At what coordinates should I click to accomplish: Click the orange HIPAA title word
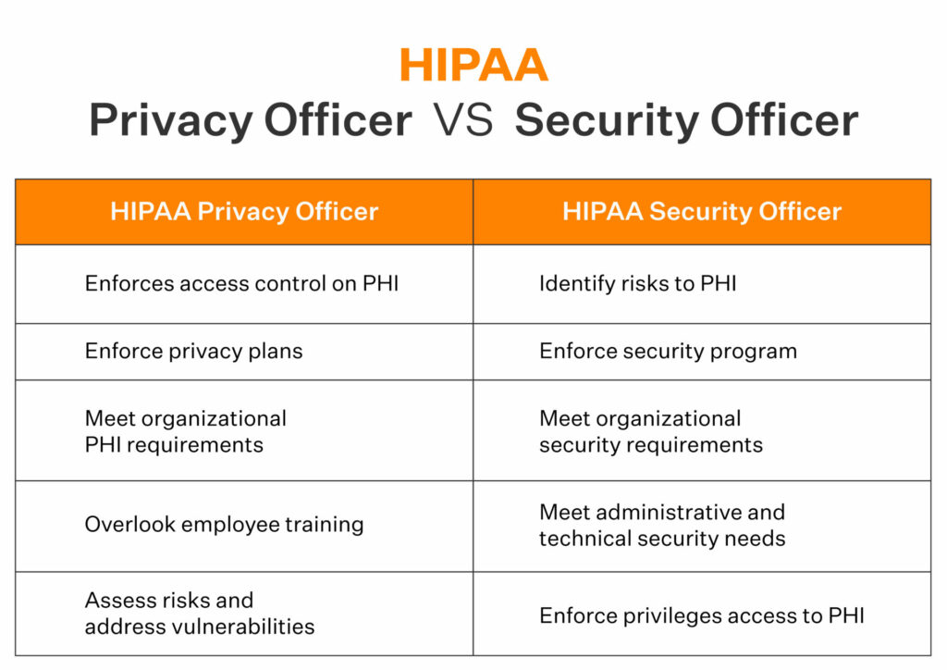(x=473, y=65)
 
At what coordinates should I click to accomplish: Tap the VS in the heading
(x=463, y=119)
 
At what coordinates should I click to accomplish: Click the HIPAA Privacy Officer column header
(x=244, y=211)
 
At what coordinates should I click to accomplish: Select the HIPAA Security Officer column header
(x=702, y=211)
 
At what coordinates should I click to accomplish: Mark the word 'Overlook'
(x=129, y=524)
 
